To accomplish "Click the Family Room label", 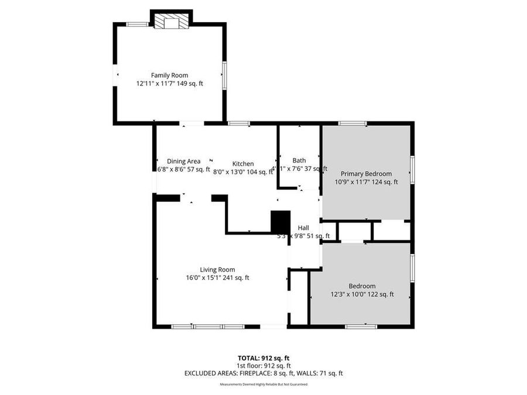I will pos(170,75).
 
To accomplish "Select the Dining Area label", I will pos(184,162).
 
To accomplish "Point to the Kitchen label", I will pos(243,164).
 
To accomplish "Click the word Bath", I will pos(299,160).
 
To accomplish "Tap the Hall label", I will pos(303,228).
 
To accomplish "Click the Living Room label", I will pos(217,270).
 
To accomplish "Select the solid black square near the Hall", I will pos(280,222).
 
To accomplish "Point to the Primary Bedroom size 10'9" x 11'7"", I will pos(353,182).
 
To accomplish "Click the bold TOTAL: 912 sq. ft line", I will pos(263,358).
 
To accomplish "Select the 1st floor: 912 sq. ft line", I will pos(263,365).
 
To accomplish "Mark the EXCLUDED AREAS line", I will pos(263,373).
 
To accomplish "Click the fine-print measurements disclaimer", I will pos(263,384).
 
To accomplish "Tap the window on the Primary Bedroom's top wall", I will pos(353,123).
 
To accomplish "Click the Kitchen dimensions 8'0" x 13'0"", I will pos(232,172).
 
